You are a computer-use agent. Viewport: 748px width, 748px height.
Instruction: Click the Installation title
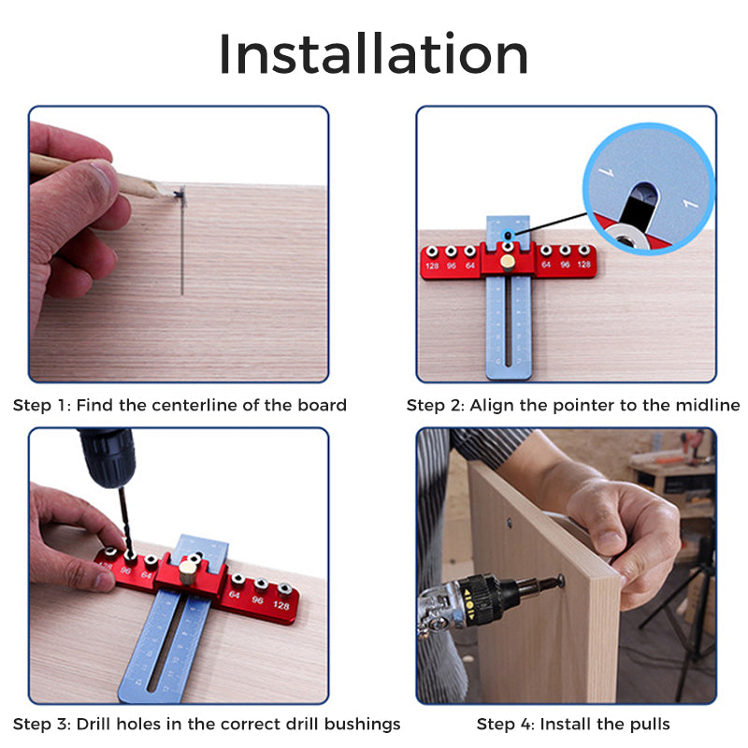pyautogui.click(x=373, y=53)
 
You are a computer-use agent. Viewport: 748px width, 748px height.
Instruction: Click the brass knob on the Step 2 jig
pyautogui.click(x=508, y=263)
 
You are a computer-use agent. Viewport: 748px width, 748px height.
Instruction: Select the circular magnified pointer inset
pyautogui.click(x=649, y=188)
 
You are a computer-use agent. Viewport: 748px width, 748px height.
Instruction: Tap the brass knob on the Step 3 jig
pyautogui.click(x=189, y=571)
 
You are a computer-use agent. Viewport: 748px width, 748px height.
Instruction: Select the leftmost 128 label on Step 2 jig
pyautogui.click(x=432, y=266)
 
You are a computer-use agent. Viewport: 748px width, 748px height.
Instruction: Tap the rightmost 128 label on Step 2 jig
pyautogui.click(x=584, y=265)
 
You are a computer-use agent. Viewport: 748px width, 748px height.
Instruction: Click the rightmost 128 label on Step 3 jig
pyautogui.click(x=281, y=605)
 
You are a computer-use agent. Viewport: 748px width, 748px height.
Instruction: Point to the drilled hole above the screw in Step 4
pyautogui.click(x=510, y=523)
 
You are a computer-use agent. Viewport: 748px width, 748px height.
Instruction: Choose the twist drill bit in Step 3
pyautogui.click(x=124, y=521)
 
